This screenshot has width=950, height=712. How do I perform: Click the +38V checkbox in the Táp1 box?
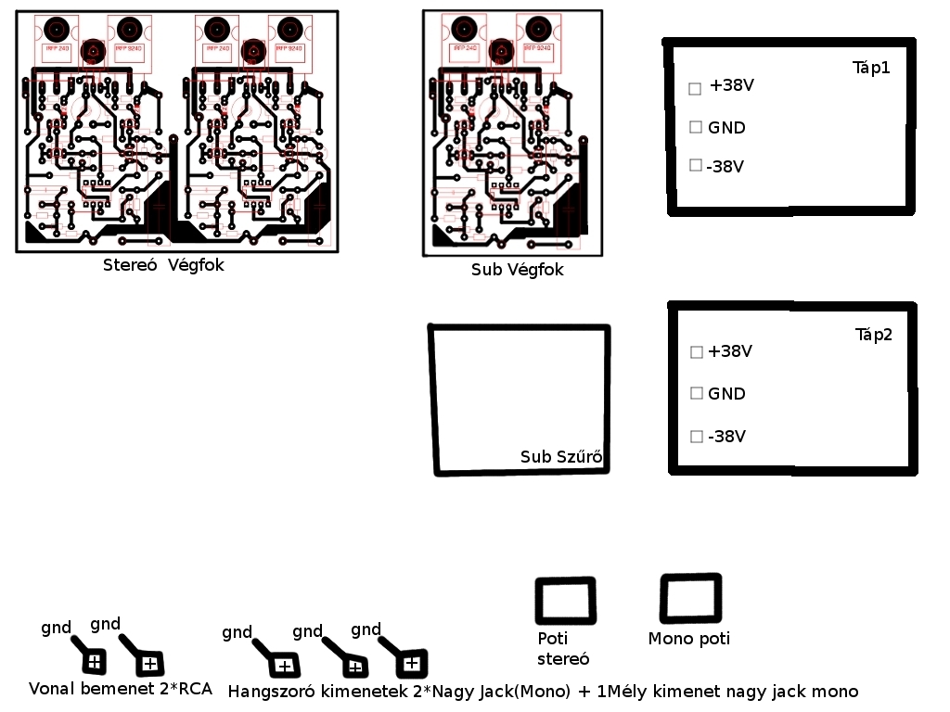click(695, 89)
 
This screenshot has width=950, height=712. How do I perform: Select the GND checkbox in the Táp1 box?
click(696, 127)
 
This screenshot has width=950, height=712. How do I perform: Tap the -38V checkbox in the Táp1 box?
click(696, 165)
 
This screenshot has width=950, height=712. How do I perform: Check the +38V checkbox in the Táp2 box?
click(697, 352)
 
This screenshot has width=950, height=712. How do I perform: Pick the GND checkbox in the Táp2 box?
click(697, 393)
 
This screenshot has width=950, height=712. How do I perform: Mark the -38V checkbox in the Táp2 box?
click(697, 436)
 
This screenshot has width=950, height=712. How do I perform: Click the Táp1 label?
click(871, 68)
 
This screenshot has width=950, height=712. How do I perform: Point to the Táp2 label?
click(873, 335)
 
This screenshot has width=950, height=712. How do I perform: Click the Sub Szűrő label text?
click(561, 457)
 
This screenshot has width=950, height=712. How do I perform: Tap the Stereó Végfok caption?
click(163, 265)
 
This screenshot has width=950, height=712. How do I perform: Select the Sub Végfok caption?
click(517, 270)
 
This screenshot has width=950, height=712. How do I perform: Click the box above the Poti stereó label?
click(565, 601)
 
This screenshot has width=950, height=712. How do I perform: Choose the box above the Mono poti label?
click(690, 598)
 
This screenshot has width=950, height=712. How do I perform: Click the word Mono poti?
click(688, 639)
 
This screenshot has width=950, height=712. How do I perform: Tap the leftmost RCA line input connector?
click(95, 661)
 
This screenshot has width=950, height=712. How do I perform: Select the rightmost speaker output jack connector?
click(411, 663)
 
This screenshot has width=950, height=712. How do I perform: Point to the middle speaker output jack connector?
click(353, 666)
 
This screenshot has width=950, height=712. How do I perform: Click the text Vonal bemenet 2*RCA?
click(121, 689)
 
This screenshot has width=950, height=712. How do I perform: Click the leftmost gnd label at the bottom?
click(56, 628)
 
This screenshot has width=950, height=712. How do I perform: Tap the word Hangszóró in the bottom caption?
click(272, 692)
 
